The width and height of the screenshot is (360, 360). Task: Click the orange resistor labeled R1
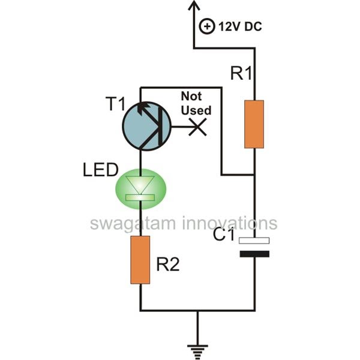coord(254,124)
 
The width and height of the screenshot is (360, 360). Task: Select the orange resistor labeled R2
coord(140,260)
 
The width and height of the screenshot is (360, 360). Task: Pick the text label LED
coord(100,172)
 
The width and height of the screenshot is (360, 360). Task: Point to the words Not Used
coord(196,103)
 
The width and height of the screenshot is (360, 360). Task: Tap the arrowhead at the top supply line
coord(194,7)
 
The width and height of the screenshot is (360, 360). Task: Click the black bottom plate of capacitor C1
coord(254,254)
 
